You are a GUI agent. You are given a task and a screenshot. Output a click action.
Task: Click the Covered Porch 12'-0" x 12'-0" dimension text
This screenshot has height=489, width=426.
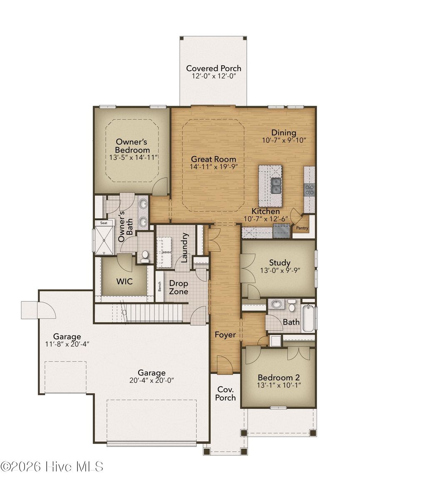tap(213, 77)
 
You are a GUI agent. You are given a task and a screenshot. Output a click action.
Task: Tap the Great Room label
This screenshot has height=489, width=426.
tap(213, 159)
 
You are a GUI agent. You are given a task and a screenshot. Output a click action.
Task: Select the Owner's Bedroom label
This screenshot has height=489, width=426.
tap(132, 146)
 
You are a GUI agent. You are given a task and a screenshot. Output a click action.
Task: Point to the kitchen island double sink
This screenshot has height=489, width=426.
tap(275, 186)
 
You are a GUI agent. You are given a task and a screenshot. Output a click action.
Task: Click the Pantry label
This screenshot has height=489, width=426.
tap(302, 228)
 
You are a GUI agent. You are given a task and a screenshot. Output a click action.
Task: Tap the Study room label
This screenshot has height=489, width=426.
tap(280, 263)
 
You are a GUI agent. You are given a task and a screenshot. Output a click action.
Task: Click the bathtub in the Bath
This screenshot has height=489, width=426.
tap(308, 319)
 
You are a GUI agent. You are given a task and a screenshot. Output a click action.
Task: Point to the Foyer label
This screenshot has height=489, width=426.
tap(225, 335)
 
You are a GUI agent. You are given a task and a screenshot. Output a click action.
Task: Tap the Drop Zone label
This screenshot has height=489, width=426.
tap(178, 287)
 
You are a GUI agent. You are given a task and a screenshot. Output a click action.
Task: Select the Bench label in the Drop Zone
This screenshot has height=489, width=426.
tap(159, 286)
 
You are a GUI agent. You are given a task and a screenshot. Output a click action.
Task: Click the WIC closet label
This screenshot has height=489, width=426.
tap(124, 281)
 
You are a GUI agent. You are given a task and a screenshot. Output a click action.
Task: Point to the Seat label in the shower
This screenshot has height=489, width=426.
tap(103, 223)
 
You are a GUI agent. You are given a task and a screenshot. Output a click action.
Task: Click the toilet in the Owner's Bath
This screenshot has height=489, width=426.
tap(145, 256)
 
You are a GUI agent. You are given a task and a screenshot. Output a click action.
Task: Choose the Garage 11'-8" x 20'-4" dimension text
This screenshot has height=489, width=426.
tap(67, 344)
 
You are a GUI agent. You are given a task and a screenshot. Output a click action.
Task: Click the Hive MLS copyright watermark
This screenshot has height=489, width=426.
tap(52, 467)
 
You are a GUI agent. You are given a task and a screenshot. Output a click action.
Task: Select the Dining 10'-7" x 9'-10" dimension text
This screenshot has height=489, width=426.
tap(284, 140)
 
